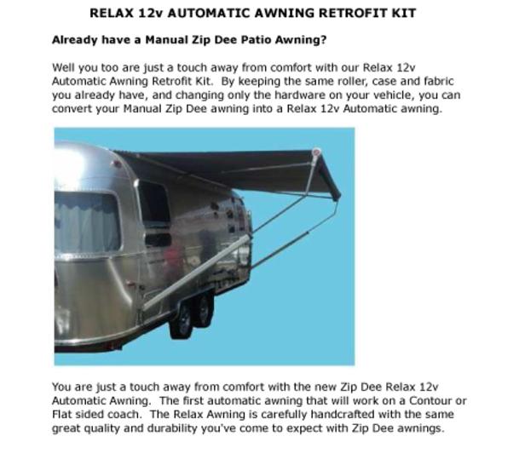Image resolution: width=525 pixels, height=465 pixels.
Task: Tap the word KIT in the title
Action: click(404, 14)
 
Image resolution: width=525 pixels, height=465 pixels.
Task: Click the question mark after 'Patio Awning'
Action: click(325, 40)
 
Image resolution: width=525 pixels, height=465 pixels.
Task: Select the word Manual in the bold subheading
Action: click(143, 40)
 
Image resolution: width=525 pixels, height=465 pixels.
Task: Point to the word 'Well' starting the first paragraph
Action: click(63, 66)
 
